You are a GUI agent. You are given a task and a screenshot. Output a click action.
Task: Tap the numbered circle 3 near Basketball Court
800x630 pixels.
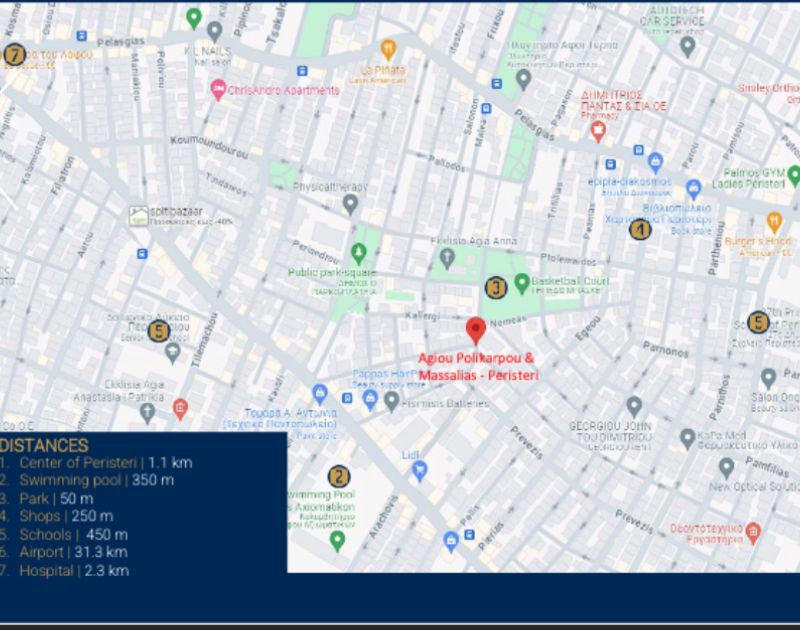point(496,287)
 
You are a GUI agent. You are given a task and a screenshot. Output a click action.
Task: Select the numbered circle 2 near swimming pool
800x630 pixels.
point(340,476)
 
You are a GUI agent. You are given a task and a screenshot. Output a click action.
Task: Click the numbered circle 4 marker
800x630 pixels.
point(639,230)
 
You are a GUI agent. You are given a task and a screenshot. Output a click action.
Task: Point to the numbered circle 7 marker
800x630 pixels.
point(14,55)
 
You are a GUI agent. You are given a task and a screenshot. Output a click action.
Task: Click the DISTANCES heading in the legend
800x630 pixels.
point(45,445)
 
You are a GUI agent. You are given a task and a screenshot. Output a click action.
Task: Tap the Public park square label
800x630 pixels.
point(332,272)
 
